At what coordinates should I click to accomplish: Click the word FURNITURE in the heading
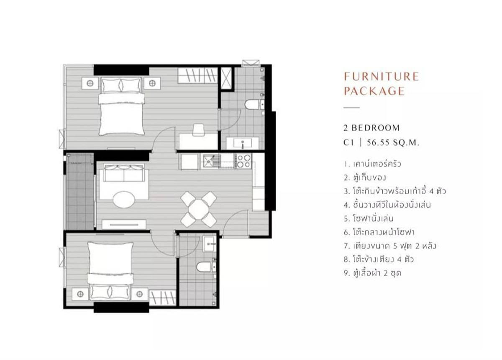point(382,77)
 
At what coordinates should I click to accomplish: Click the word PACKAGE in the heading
point(374,91)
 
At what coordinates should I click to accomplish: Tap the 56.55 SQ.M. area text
point(393,143)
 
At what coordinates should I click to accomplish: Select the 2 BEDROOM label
point(371,128)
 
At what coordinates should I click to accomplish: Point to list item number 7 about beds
point(390,246)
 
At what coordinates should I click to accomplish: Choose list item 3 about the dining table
point(395,191)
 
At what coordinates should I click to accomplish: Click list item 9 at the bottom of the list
point(372,273)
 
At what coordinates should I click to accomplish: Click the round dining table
point(199,209)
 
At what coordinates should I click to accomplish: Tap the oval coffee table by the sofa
point(124,199)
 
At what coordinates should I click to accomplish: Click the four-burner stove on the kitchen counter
point(243,161)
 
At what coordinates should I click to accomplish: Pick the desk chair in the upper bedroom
point(199,130)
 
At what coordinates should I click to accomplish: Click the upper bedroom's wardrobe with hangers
point(197,76)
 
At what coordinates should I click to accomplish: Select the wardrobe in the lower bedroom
point(162,298)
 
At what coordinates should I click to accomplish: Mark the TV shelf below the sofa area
point(124,224)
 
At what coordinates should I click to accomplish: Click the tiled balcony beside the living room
point(80,192)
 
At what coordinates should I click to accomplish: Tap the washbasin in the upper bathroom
point(243,143)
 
